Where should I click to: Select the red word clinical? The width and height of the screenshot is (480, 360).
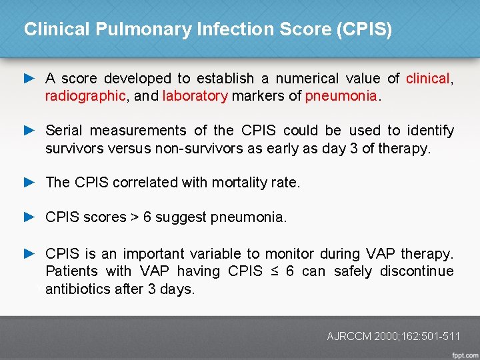[427, 79]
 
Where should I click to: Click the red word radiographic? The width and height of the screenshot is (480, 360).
[85, 96]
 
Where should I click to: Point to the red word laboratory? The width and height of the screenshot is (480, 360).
[195, 96]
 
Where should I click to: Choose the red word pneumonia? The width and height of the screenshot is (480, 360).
[341, 96]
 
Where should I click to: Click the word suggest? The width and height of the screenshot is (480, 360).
[183, 217]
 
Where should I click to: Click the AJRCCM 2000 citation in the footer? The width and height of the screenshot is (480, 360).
[393, 337]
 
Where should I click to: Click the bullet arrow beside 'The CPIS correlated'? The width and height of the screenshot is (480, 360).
[29, 182]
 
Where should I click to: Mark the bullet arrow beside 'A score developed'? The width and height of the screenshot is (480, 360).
[29, 78]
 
